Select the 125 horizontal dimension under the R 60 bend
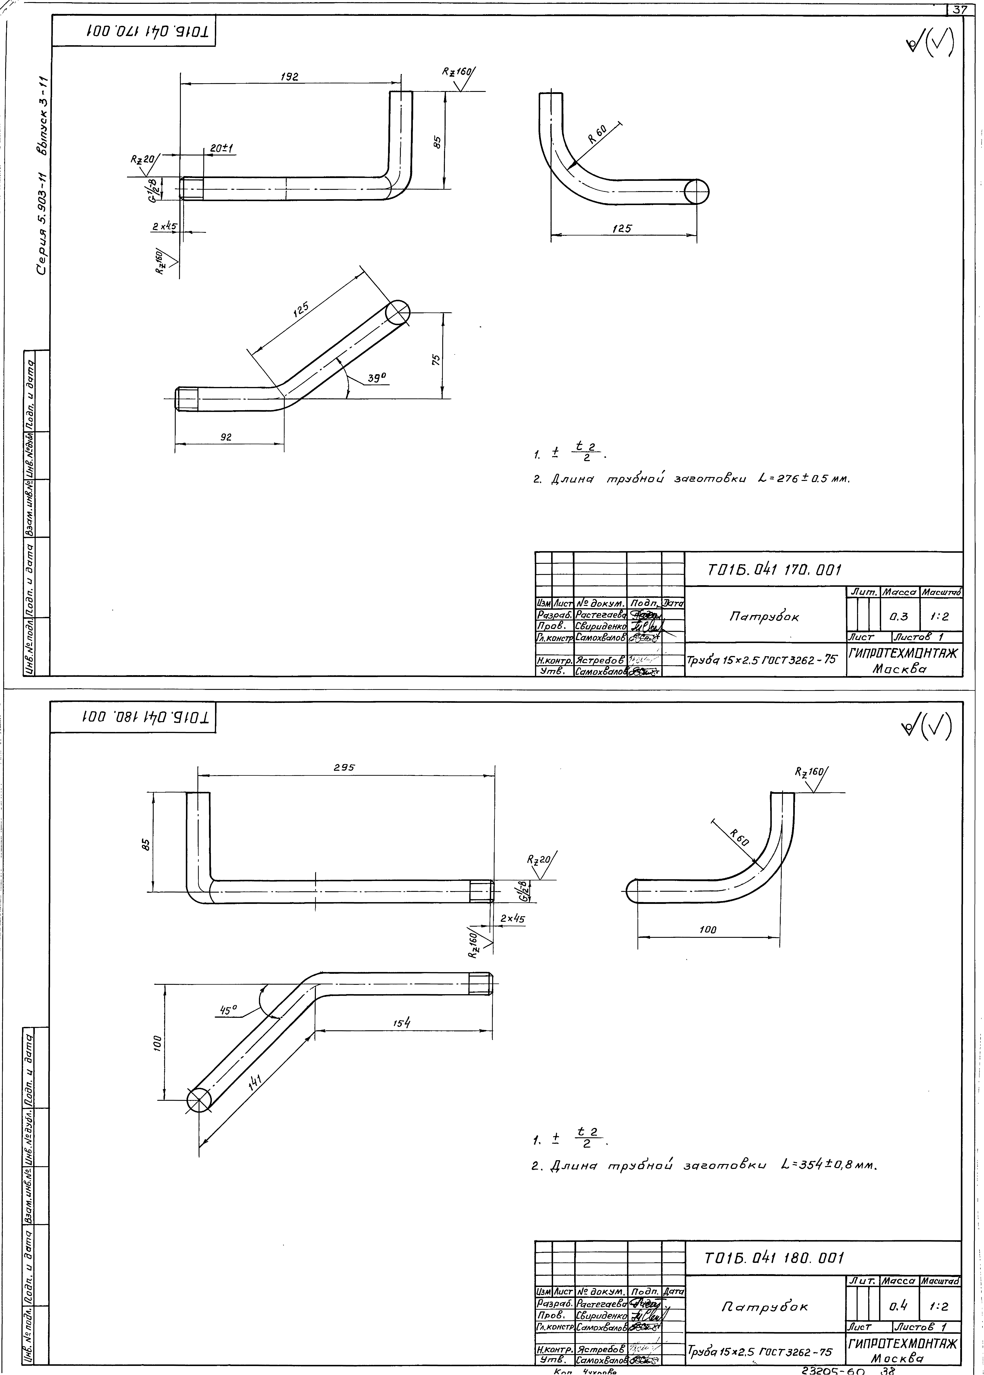point(622,228)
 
